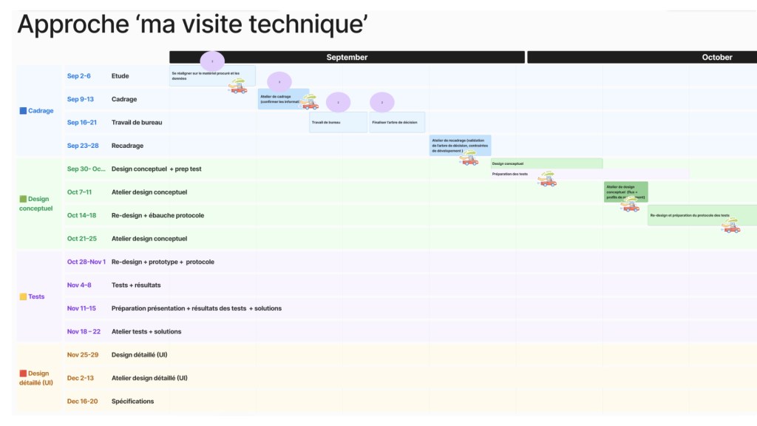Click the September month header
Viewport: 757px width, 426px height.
click(x=347, y=57)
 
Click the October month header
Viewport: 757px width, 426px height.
click(x=716, y=57)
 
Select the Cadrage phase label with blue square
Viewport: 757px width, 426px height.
click(x=37, y=111)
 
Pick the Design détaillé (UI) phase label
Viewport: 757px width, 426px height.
click(x=36, y=378)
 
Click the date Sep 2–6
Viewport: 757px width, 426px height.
click(x=78, y=76)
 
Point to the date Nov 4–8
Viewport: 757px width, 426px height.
click(x=79, y=285)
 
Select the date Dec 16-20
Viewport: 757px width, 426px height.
click(x=82, y=401)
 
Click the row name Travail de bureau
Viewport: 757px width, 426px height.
click(x=137, y=122)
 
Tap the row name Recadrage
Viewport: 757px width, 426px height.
click(x=127, y=146)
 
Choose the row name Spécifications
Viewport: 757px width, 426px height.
click(x=133, y=401)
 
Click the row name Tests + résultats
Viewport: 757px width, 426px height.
click(x=136, y=285)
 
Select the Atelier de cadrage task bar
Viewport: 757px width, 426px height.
click(x=282, y=99)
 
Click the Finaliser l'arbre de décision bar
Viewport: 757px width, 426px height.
click(x=397, y=122)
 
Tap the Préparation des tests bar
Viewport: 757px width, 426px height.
click(x=589, y=174)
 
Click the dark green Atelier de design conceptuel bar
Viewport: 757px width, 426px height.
click(x=625, y=191)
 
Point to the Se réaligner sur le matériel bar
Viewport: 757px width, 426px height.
click(x=211, y=75)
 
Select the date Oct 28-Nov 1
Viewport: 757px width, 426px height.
click(x=86, y=262)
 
